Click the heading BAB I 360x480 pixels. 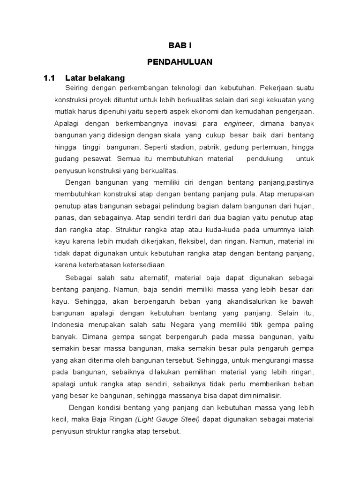coord(180,45)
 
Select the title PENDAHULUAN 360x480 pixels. coord(180,61)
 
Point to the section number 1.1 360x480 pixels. coord(50,77)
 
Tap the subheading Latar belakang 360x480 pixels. coord(95,77)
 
